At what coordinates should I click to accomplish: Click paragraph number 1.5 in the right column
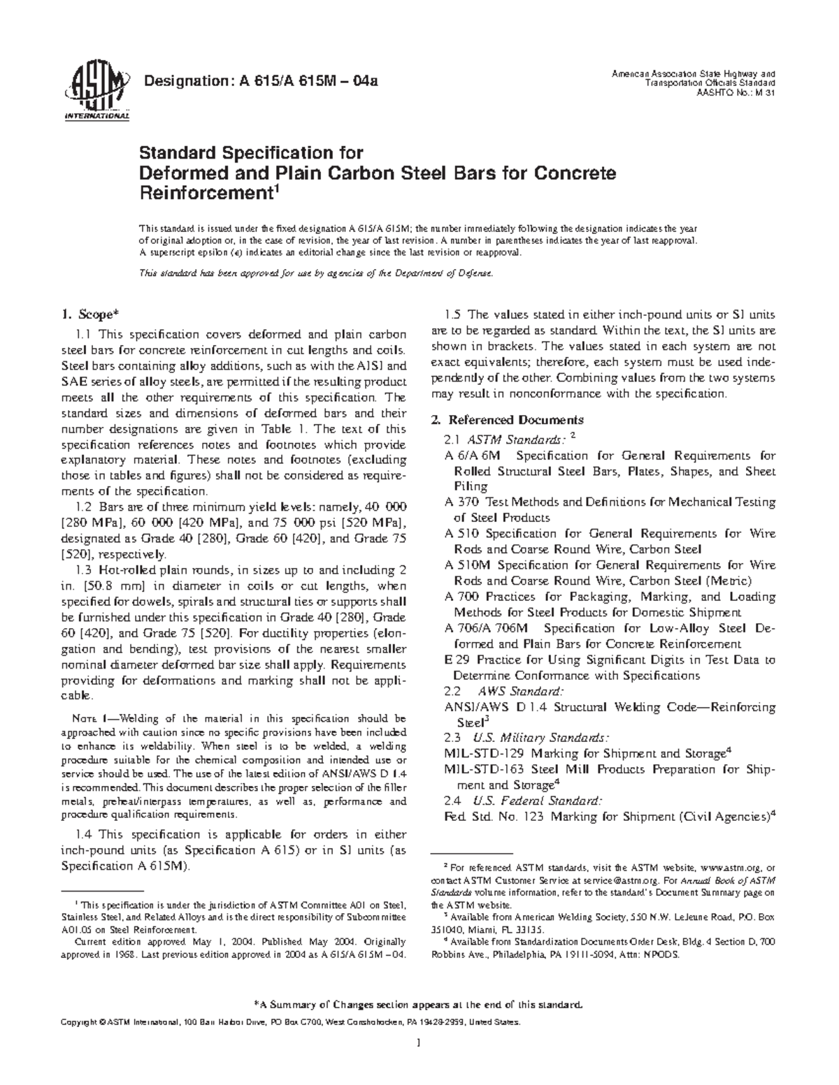pyautogui.click(x=454, y=314)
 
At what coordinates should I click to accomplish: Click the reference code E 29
pyautogui.click(x=455, y=660)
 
